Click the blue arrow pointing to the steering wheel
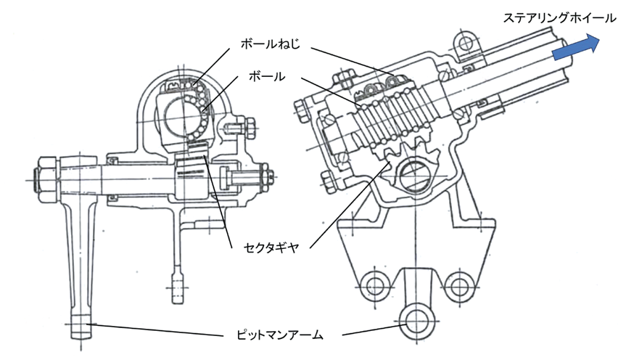point(574,49)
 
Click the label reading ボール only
point(267,75)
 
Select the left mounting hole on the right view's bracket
point(374,283)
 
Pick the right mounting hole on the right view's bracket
point(458,283)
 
